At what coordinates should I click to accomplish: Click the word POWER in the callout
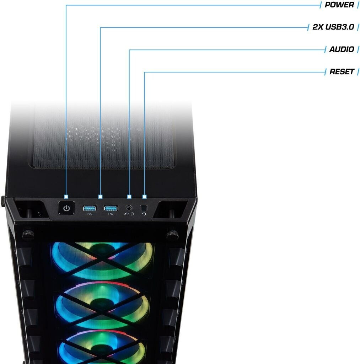(339, 5)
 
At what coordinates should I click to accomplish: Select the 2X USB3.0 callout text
(333, 27)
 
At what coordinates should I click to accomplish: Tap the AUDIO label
(342, 49)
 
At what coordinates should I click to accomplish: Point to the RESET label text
(342, 72)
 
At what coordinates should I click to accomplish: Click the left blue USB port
(89, 208)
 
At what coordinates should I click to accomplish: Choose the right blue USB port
(111, 208)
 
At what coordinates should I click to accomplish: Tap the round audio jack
(129, 208)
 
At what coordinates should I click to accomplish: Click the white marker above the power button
(66, 197)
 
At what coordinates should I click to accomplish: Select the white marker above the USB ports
(100, 197)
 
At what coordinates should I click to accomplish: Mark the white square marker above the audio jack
(129, 197)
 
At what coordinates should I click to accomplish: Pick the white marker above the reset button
(144, 197)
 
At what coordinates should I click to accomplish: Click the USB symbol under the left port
(89, 214)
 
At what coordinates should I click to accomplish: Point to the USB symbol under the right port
(111, 214)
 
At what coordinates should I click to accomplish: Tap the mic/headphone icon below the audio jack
(129, 214)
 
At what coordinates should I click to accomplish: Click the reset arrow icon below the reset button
(144, 214)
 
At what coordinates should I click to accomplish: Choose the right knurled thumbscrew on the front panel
(172, 234)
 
